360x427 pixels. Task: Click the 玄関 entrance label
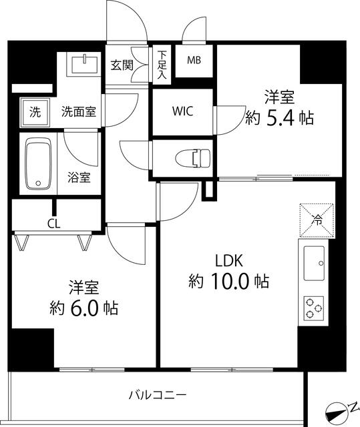[122, 65]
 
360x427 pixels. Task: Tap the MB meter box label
[194, 61]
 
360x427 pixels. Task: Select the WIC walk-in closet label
[182, 111]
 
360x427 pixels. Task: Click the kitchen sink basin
[314, 264]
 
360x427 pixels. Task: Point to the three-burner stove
[314, 309]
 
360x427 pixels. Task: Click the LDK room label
[228, 260]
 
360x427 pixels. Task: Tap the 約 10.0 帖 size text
[228, 282]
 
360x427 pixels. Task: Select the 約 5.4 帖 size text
[279, 118]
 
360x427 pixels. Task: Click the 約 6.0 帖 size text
[85, 308]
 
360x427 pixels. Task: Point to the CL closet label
[53, 224]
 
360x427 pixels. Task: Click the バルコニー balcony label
[158, 395]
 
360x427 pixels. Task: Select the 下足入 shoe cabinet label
[162, 65]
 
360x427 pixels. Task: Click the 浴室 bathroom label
[79, 177]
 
